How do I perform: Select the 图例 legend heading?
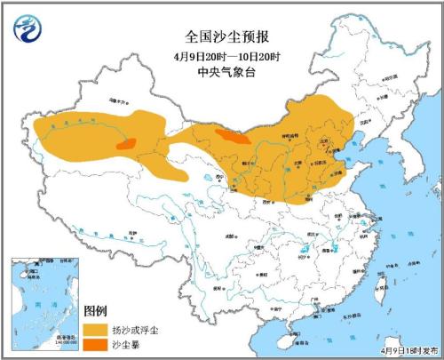coord(95,311)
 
